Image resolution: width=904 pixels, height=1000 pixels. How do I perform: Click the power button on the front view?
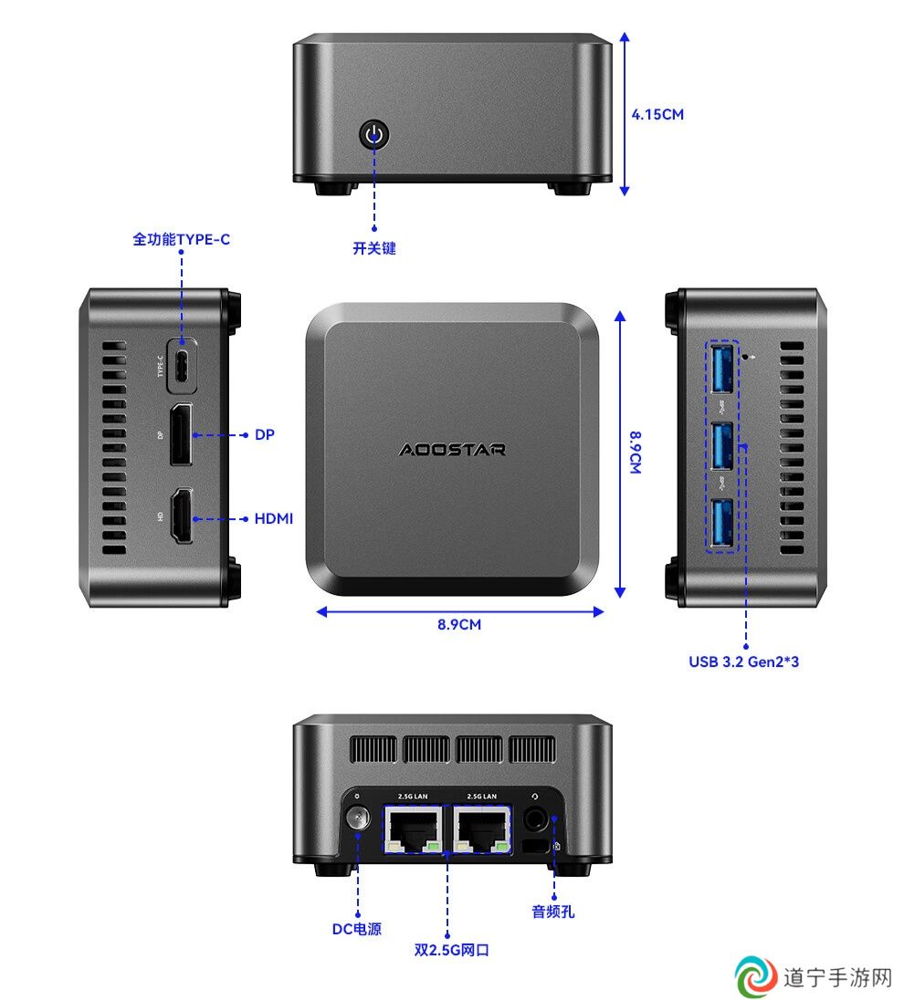pyautogui.click(x=374, y=134)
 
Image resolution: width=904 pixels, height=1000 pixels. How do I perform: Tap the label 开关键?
pyautogui.click(x=374, y=248)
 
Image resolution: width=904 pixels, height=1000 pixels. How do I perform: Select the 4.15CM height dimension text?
pyautogui.click(x=657, y=115)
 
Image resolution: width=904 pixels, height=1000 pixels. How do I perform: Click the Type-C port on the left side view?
pyautogui.click(x=182, y=366)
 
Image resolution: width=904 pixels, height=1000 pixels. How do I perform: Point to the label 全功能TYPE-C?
pyautogui.click(x=182, y=239)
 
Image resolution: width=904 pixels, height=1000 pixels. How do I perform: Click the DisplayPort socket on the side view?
pyautogui.click(x=181, y=434)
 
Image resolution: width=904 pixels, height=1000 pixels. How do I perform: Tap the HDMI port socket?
pyautogui.click(x=182, y=516)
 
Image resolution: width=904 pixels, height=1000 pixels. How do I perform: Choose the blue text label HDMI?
pyautogui.click(x=274, y=518)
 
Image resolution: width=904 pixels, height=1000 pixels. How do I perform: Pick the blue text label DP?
pyautogui.click(x=264, y=434)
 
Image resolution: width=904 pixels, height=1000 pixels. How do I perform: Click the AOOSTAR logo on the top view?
pyautogui.click(x=452, y=450)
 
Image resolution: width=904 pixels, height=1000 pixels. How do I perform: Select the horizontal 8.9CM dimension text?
pyautogui.click(x=459, y=624)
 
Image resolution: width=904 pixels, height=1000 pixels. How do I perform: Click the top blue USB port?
pyautogui.click(x=721, y=368)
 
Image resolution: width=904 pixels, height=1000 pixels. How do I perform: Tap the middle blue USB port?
pyautogui.click(x=721, y=446)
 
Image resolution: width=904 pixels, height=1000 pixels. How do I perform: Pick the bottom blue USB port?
pyautogui.click(x=721, y=523)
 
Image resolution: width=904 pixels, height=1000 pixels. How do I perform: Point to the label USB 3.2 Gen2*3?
pyautogui.click(x=744, y=661)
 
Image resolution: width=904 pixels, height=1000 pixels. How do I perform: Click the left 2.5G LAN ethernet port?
pyautogui.click(x=413, y=828)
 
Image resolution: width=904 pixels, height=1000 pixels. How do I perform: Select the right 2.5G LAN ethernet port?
pyautogui.click(x=482, y=828)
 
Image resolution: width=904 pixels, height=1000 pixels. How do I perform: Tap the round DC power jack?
pyautogui.click(x=357, y=818)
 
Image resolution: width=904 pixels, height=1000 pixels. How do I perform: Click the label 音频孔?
pyautogui.click(x=552, y=911)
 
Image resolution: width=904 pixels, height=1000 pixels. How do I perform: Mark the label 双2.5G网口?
pyautogui.click(x=451, y=950)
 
